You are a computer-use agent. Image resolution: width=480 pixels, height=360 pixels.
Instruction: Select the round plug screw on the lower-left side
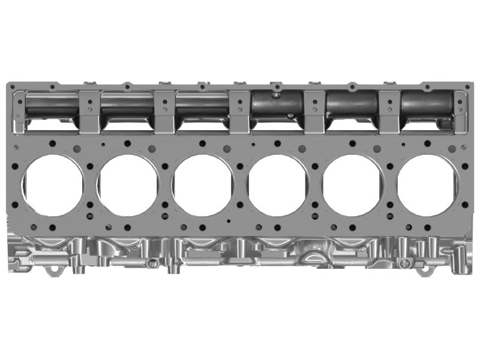(154, 261)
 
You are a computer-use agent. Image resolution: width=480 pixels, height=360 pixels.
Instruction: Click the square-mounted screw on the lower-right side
(409, 263)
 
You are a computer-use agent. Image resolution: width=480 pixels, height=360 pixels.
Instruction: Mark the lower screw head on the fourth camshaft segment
(290, 116)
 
